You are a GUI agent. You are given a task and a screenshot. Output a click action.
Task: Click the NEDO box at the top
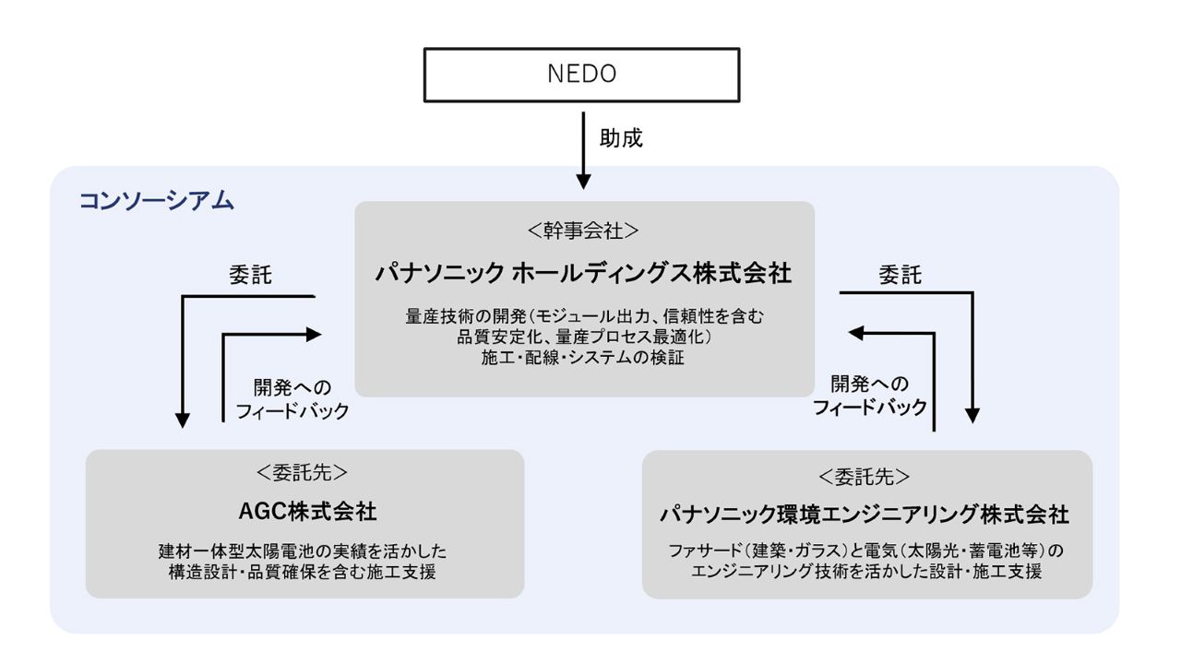coord(581,74)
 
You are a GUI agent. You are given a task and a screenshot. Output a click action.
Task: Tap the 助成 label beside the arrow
coord(621,139)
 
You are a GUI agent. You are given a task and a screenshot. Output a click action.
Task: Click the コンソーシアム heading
coord(157,200)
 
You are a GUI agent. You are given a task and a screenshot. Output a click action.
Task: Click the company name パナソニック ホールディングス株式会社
coord(584,273)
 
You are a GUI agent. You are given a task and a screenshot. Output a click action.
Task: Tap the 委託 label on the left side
coord(250,275)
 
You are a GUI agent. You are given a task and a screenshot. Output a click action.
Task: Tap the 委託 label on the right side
coord(900,275)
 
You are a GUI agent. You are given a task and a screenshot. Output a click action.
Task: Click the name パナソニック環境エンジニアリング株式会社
coord(865,514)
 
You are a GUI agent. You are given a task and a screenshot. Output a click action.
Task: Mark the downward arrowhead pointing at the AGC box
coord(183,419)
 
